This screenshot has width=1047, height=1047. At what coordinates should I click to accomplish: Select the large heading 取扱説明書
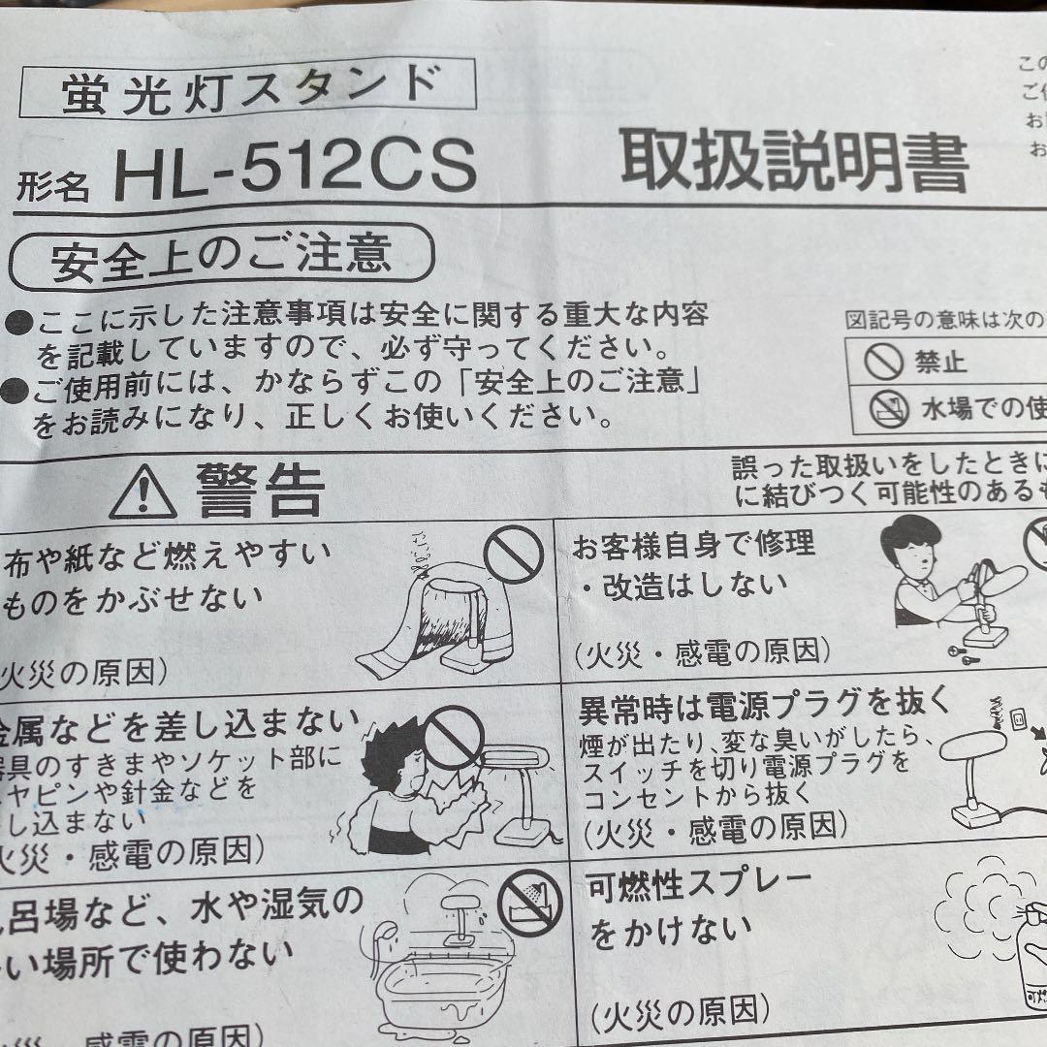point(794,162)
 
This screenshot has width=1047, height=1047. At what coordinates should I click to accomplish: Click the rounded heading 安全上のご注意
point(221,253)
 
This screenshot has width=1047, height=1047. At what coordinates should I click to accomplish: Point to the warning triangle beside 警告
point(143,493)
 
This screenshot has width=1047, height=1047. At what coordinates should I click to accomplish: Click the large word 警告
point(260,492)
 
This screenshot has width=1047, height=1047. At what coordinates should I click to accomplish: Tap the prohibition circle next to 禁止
point(883,363)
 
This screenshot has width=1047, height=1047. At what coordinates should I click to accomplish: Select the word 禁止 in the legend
point(940,363)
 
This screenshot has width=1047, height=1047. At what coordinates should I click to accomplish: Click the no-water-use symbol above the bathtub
point(529,904)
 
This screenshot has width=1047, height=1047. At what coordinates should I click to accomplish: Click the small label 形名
point(52,183)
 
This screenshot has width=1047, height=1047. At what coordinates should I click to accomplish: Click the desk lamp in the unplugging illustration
point(969,776)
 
